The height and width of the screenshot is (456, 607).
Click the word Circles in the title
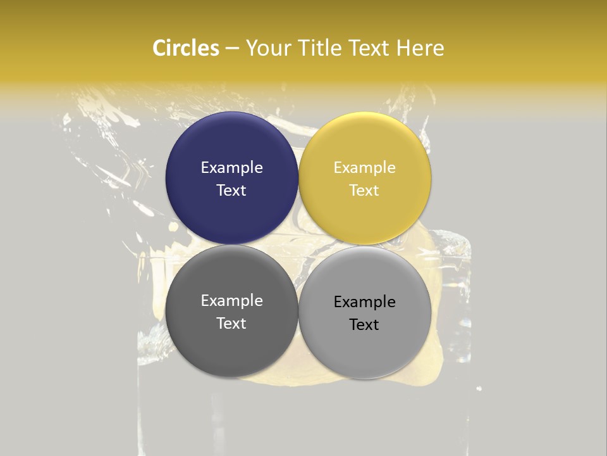pyautogui.click(x=185, y=48)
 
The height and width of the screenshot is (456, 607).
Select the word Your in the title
pyautogui.click(x=266, y=48)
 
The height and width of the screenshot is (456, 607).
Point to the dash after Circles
pyautogui.click(x=232, y=49)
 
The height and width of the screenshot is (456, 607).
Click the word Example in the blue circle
pyautogui.click(x=231, y=168)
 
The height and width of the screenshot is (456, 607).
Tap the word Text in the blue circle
pyautogui.click(x=231, y=190)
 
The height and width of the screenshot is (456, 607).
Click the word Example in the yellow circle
pyautogui.click(x=364, y=168)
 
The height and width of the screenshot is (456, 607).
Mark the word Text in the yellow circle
pyautogui.click(x=364, y=190)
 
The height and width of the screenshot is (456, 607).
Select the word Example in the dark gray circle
pyautogui.click(x=231, y=301)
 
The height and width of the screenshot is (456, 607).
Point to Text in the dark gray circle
pyautogui.click(x=231, y=323)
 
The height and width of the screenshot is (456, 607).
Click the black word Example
pyautogui.click(x=364, y=302)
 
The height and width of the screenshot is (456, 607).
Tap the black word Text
pyautogui.click(x=364, y=324)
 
